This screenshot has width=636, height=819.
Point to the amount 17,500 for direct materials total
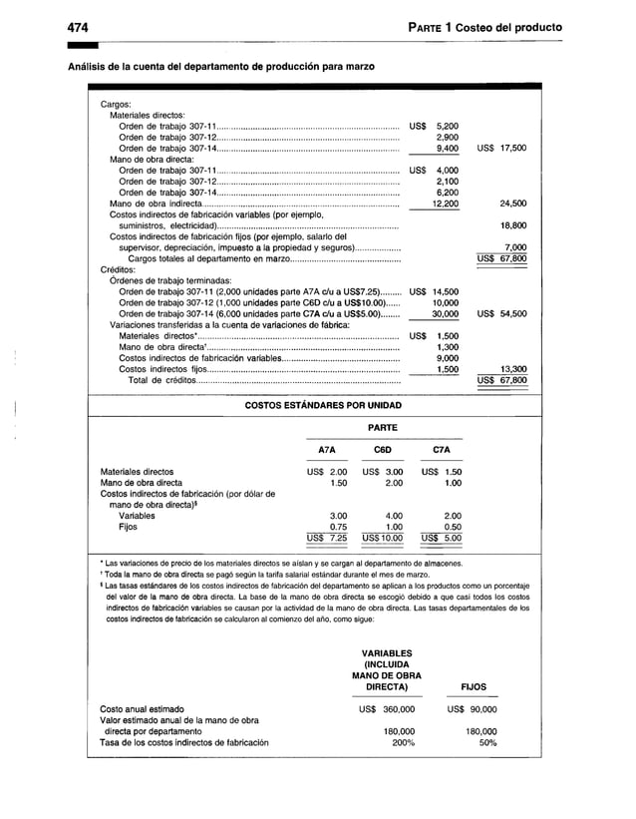512,148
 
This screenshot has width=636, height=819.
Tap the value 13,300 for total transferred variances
512,368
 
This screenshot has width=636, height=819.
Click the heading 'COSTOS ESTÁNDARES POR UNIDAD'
324,406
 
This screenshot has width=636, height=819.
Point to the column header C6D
381,449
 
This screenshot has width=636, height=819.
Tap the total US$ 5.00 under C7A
440,538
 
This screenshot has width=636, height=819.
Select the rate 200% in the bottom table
402,741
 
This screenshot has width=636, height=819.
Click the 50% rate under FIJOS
487,741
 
